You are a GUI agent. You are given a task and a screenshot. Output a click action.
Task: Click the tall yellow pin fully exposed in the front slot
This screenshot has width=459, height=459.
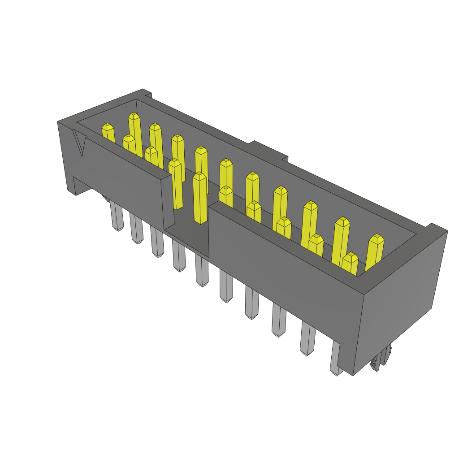click(x=200, y=198)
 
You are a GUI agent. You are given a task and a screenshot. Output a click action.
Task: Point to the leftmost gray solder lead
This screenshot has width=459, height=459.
click(x=117, y=217)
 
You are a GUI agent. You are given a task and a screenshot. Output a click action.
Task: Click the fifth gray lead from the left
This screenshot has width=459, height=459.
click(x=202, y=272)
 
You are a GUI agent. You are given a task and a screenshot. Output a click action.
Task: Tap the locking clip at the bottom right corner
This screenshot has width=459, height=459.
click(x=381, y=360)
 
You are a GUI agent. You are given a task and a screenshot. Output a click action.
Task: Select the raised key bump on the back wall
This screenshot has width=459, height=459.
click(x=269, y=151)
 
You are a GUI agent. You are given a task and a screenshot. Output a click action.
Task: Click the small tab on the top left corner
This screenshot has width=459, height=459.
click(x=146, y=94)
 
